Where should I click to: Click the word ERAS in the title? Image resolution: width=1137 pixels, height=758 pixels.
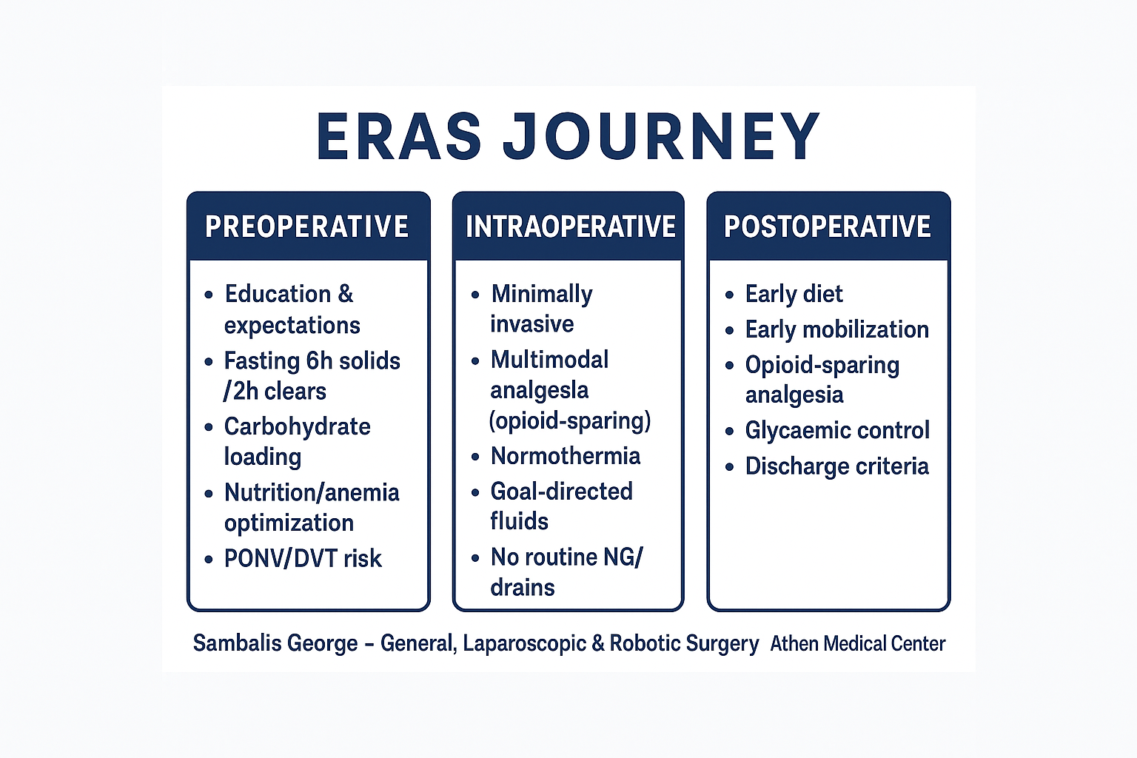399,136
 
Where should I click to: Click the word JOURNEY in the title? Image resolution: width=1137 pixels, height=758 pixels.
662,136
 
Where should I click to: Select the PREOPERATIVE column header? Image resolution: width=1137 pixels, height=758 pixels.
306,227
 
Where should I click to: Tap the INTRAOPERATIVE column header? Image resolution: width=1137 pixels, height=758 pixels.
571,227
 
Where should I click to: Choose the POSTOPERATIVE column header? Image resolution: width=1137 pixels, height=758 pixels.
828,227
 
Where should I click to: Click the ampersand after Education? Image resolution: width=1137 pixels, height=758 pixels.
345,294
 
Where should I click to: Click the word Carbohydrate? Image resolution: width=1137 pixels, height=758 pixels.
298,426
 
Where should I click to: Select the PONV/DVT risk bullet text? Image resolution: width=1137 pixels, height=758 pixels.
303,558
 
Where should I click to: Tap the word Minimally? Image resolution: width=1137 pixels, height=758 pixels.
542,295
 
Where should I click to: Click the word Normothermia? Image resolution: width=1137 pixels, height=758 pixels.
566,456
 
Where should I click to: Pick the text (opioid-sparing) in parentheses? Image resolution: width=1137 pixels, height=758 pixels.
569,421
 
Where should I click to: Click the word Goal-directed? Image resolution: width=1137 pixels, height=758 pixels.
561,492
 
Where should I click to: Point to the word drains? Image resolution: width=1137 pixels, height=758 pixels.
523,588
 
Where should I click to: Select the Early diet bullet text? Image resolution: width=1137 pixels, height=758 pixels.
794,295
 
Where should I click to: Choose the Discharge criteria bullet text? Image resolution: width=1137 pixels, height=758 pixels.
837,466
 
